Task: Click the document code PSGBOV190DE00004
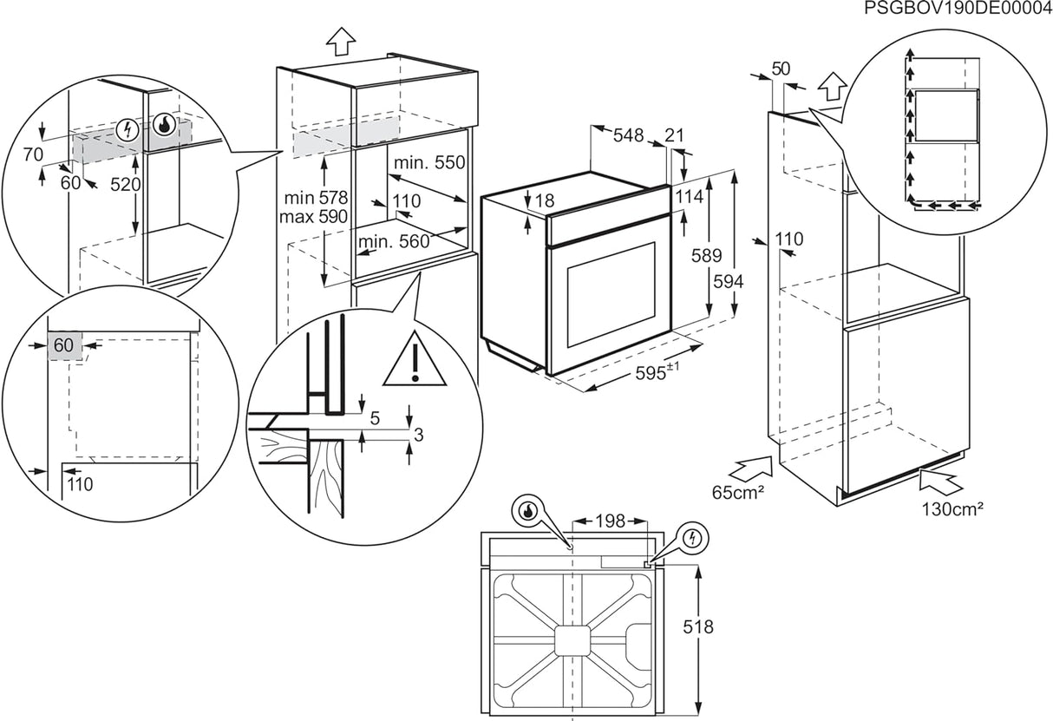[957, 9]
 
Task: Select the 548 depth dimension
[628, 135]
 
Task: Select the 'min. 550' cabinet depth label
[429, 162]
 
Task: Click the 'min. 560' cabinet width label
[395, 241]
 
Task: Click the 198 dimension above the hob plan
[610, 521]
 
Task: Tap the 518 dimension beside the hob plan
[697, 626]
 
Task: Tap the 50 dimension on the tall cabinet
[781, 69]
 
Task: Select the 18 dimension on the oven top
[544, 201]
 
